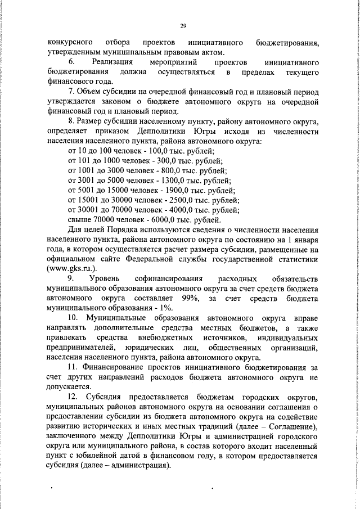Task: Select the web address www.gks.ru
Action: (x=75, y=268)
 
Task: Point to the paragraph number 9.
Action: (x=71, y=278)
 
